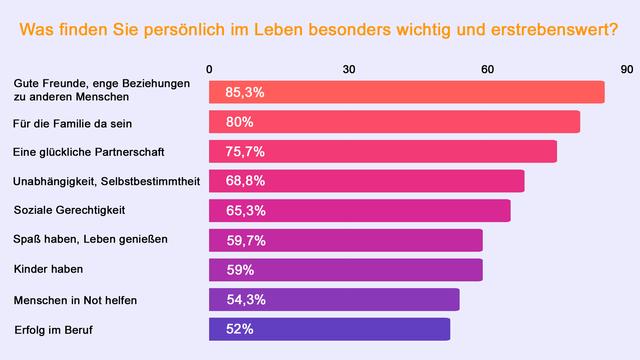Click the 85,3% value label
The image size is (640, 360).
click(244, 92)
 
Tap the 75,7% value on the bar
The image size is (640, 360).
click(244, 152)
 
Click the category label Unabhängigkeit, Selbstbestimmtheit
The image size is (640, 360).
click(106, 181)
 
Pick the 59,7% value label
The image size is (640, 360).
click(244, 240)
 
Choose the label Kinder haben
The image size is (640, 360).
click(47, 270)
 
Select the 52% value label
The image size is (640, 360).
click(240, 329)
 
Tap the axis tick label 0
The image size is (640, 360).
click(209, 69)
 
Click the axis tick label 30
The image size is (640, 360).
click(349, 69)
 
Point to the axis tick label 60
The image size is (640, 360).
click(487, 69)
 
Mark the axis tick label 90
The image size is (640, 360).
click(626, 69)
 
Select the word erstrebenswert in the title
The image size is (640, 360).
click(554, 30)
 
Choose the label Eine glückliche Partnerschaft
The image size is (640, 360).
click(88, 152)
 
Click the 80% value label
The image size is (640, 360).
click(240, 122)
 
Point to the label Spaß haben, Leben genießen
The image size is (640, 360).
click(90, 240)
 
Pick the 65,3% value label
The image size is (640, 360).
click(244, 211)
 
